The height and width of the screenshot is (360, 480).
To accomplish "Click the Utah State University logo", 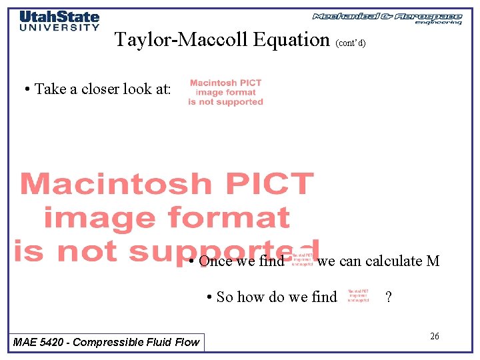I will tap(59, 21).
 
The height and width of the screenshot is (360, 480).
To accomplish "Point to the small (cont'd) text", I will tap(351, 43).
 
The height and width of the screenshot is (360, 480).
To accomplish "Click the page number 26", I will tap(434, 336).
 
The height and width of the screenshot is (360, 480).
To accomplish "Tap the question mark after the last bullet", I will tap(388, 297).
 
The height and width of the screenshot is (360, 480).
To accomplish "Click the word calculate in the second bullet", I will tap(393, 261).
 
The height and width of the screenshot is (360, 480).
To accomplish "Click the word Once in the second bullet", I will tap(215, 261).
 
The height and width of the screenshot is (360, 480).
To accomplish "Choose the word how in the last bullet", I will tap(253, 297).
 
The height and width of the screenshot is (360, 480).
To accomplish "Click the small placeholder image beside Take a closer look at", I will tap(225, 93).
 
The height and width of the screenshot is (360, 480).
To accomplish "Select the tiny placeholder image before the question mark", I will tap(358, 296).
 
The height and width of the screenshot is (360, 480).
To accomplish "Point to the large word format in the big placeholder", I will tap(228, 217).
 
